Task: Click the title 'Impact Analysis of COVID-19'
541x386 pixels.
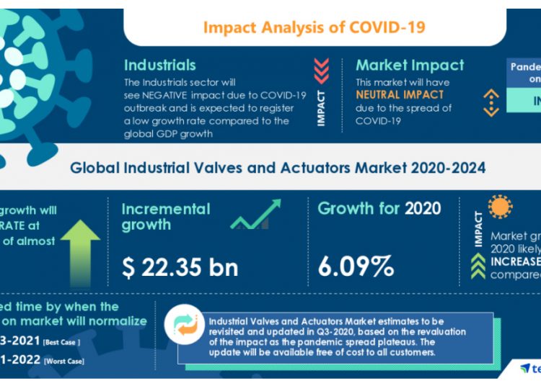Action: click(314, 27)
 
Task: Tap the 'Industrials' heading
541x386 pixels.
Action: click(160, 64)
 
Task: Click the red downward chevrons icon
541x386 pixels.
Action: click(322, 71)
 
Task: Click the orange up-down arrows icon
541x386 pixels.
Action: click(491, 103)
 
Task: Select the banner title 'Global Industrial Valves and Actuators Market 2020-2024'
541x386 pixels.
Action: click(278, 168)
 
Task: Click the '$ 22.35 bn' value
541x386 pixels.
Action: click(180, 267)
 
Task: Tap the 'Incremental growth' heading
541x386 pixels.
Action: click(165, 217)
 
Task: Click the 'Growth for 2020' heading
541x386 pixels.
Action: click(379, 209)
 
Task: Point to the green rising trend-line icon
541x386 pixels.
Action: click(255, 215)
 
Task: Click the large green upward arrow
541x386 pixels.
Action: click(80, 249)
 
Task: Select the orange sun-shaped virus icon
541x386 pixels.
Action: click(501, 207)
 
